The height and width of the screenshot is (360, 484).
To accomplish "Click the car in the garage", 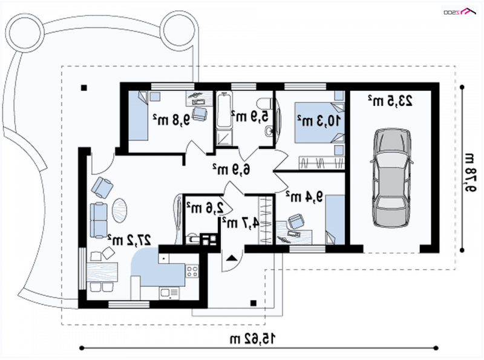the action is coord(391,178).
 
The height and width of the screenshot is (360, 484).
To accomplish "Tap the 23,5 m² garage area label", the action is coord(390,101).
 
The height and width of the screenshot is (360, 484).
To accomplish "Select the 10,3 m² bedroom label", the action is coord(319,120).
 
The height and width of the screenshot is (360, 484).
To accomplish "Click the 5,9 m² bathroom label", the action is coord(250,117).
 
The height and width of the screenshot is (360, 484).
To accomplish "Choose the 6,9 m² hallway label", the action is coord(231,169).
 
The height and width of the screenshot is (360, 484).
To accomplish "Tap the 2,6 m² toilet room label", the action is coord(204,208).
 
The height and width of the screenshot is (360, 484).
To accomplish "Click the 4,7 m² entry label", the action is coord(240,223).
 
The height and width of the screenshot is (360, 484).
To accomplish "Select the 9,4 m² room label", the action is coord(304,197).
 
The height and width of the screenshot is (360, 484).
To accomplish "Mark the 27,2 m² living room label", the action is coord(129,240).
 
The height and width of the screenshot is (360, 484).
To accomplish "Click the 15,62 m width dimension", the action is coord(252,339).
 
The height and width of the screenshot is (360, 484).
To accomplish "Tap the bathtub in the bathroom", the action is coord(224,110).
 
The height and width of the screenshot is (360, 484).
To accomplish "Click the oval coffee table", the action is coord(119,211).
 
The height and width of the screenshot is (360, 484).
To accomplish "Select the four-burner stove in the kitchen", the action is coord(192,272).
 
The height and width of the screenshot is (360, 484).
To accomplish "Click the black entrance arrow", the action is coord(232,258).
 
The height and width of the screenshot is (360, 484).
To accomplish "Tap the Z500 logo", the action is coord(460,11).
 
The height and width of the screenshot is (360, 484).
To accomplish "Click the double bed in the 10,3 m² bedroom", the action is coord(319,123).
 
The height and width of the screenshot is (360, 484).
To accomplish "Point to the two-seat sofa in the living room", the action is coord(99,220).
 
